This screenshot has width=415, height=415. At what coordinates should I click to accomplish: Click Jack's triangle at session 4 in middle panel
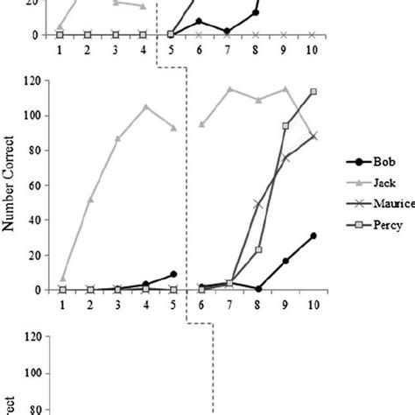tap(145, 107)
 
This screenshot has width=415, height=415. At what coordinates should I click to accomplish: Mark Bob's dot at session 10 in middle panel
tap(313, 236)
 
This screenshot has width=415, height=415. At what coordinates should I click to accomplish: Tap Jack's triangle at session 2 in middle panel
tap(90, 200)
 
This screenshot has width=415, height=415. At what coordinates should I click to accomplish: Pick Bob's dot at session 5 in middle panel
tap(172, 274)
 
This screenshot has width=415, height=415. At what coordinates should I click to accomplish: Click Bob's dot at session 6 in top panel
tap(200, 21)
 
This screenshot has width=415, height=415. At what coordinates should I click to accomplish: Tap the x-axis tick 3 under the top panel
tap(116, 49)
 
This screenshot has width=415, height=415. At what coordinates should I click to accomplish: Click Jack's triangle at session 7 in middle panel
tap(230, 89)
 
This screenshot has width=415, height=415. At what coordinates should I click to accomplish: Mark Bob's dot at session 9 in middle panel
tap(285, 261)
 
